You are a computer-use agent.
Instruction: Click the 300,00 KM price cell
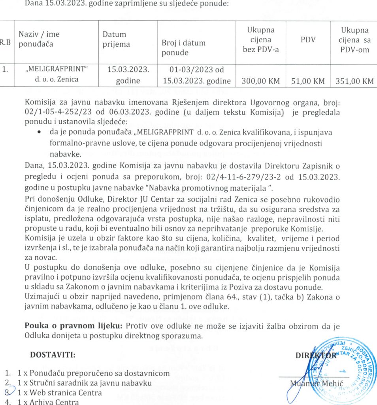[258, 81]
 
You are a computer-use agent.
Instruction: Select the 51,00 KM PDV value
[307, 81]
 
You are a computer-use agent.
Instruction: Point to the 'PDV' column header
[308, 39]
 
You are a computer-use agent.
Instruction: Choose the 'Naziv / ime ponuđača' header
[39, 39]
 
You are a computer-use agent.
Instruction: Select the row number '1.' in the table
[6, 70]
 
